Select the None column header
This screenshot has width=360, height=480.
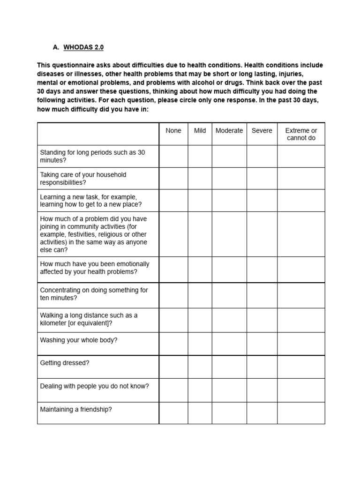point(173,131)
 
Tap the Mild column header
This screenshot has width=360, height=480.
point(200,131)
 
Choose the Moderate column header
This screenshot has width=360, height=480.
point(229,131)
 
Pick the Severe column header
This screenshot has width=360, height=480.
point(262,131)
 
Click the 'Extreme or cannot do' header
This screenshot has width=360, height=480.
point(301,134)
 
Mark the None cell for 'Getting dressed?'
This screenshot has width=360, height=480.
point(173,367)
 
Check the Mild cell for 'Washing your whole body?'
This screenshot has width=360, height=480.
point(200,344)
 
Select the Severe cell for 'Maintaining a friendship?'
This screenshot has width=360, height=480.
point(262,413)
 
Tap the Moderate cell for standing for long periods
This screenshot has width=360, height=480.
point(229,157)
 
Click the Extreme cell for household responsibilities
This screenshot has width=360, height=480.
point(301,179)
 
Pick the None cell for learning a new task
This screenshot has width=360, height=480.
point(173,201)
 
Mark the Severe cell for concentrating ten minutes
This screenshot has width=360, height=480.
point(262,295)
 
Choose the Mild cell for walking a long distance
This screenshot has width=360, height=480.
point(200,320)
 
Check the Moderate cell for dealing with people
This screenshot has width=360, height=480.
point(229,390)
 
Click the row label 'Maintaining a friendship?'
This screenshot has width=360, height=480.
point(76,410)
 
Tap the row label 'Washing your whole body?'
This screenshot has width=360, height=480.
point(79,340)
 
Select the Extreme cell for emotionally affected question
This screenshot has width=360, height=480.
point(301,270)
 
